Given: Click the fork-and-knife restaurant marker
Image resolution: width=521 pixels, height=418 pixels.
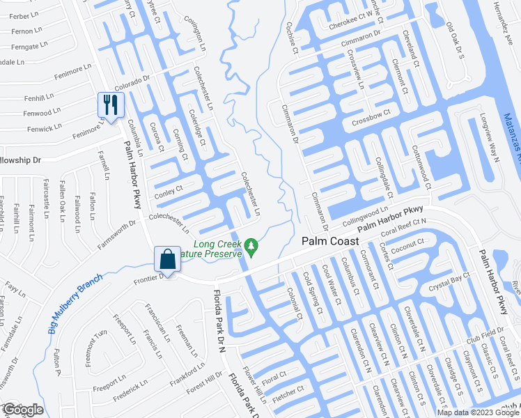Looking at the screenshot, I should click(111, 105).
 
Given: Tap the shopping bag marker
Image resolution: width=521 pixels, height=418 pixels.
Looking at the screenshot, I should click(168, 259).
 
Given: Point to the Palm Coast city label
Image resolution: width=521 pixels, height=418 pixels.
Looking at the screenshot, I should click(330, 241).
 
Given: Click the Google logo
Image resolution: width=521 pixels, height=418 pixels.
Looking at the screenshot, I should click(24, 410).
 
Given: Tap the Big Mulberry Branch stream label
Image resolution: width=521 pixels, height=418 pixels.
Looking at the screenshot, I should click(76, 302).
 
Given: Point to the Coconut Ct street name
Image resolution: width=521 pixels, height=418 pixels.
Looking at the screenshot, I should click(407, 245).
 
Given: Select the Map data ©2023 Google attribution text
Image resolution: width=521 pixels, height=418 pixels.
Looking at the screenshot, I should click(478, 412).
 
